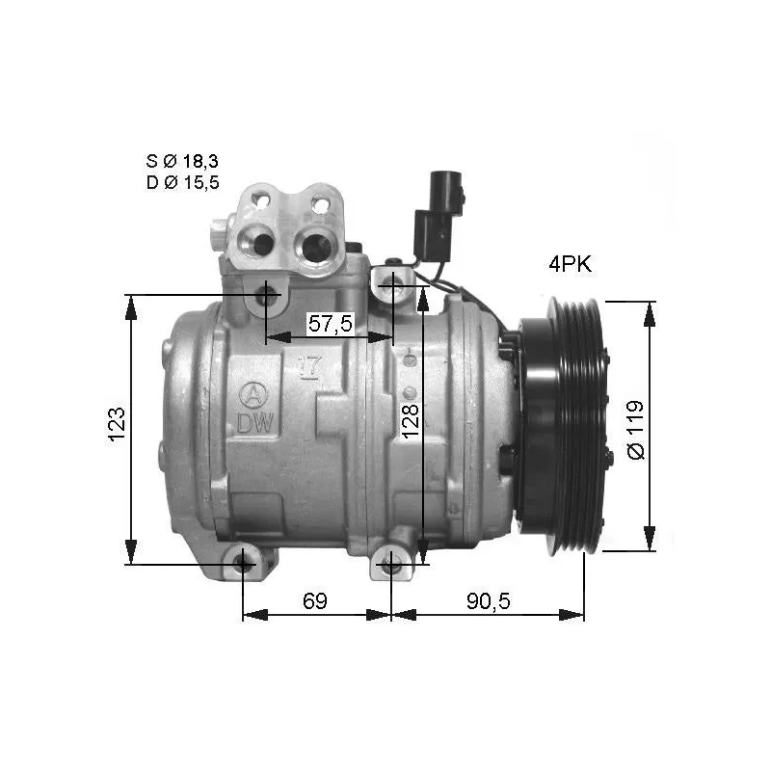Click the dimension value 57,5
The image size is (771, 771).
tap(330, 324)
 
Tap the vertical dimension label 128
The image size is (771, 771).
tap(411, 422)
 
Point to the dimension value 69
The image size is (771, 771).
tap(315, 600)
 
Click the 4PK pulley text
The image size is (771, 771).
tap(570, 265)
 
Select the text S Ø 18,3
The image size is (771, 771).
tap(182, 161)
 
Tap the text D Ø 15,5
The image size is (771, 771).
tap(182, 182)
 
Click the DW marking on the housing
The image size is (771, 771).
tap(253, 421)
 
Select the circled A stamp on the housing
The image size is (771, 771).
tap(252, 393)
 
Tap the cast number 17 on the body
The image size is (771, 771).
tap(310, 366)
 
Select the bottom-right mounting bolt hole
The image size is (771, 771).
tap(390, 565)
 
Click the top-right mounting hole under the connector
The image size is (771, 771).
tap(393, 283)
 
